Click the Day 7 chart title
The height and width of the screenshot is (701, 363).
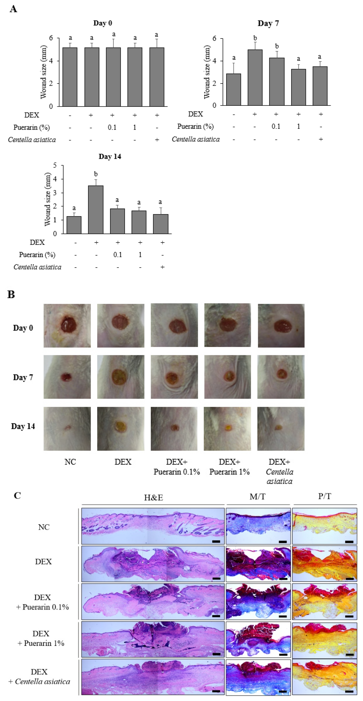pyautogui.click(x=268, y=23)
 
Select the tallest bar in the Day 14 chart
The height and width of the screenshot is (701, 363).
pyautogui.click(x=96, y=209)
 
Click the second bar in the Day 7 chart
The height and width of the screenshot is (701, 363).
pyautogui.click(x=255, y=78)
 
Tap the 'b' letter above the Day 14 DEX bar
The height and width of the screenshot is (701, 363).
pyautogui.click(x=96, y=174)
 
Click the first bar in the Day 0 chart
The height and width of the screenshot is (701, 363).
pyautogui.click(x=70, y=77)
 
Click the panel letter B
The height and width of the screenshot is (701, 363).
pyautogui.click(x=11, y=295)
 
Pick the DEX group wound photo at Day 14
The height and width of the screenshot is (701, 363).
pyautogui.click(x=120, y=429)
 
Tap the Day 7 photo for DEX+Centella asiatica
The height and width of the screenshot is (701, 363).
pyautogui.click(x=281, y=377)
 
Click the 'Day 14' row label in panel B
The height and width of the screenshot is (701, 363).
pyautogui.click(x=23, y=426)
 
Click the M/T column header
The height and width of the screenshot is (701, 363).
pyautogui.click(x=257, y=497)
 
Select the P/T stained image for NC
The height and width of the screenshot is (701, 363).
pyautogui.click(x=324, y=526)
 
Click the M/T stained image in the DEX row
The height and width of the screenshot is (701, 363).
pyautogui.click(x=258, y=564)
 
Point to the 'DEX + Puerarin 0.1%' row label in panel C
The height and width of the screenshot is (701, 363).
pyautogui.click(x=43, y=602)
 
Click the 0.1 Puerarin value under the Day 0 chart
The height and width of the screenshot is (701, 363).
pyautogui.click(x=112, y=127)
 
